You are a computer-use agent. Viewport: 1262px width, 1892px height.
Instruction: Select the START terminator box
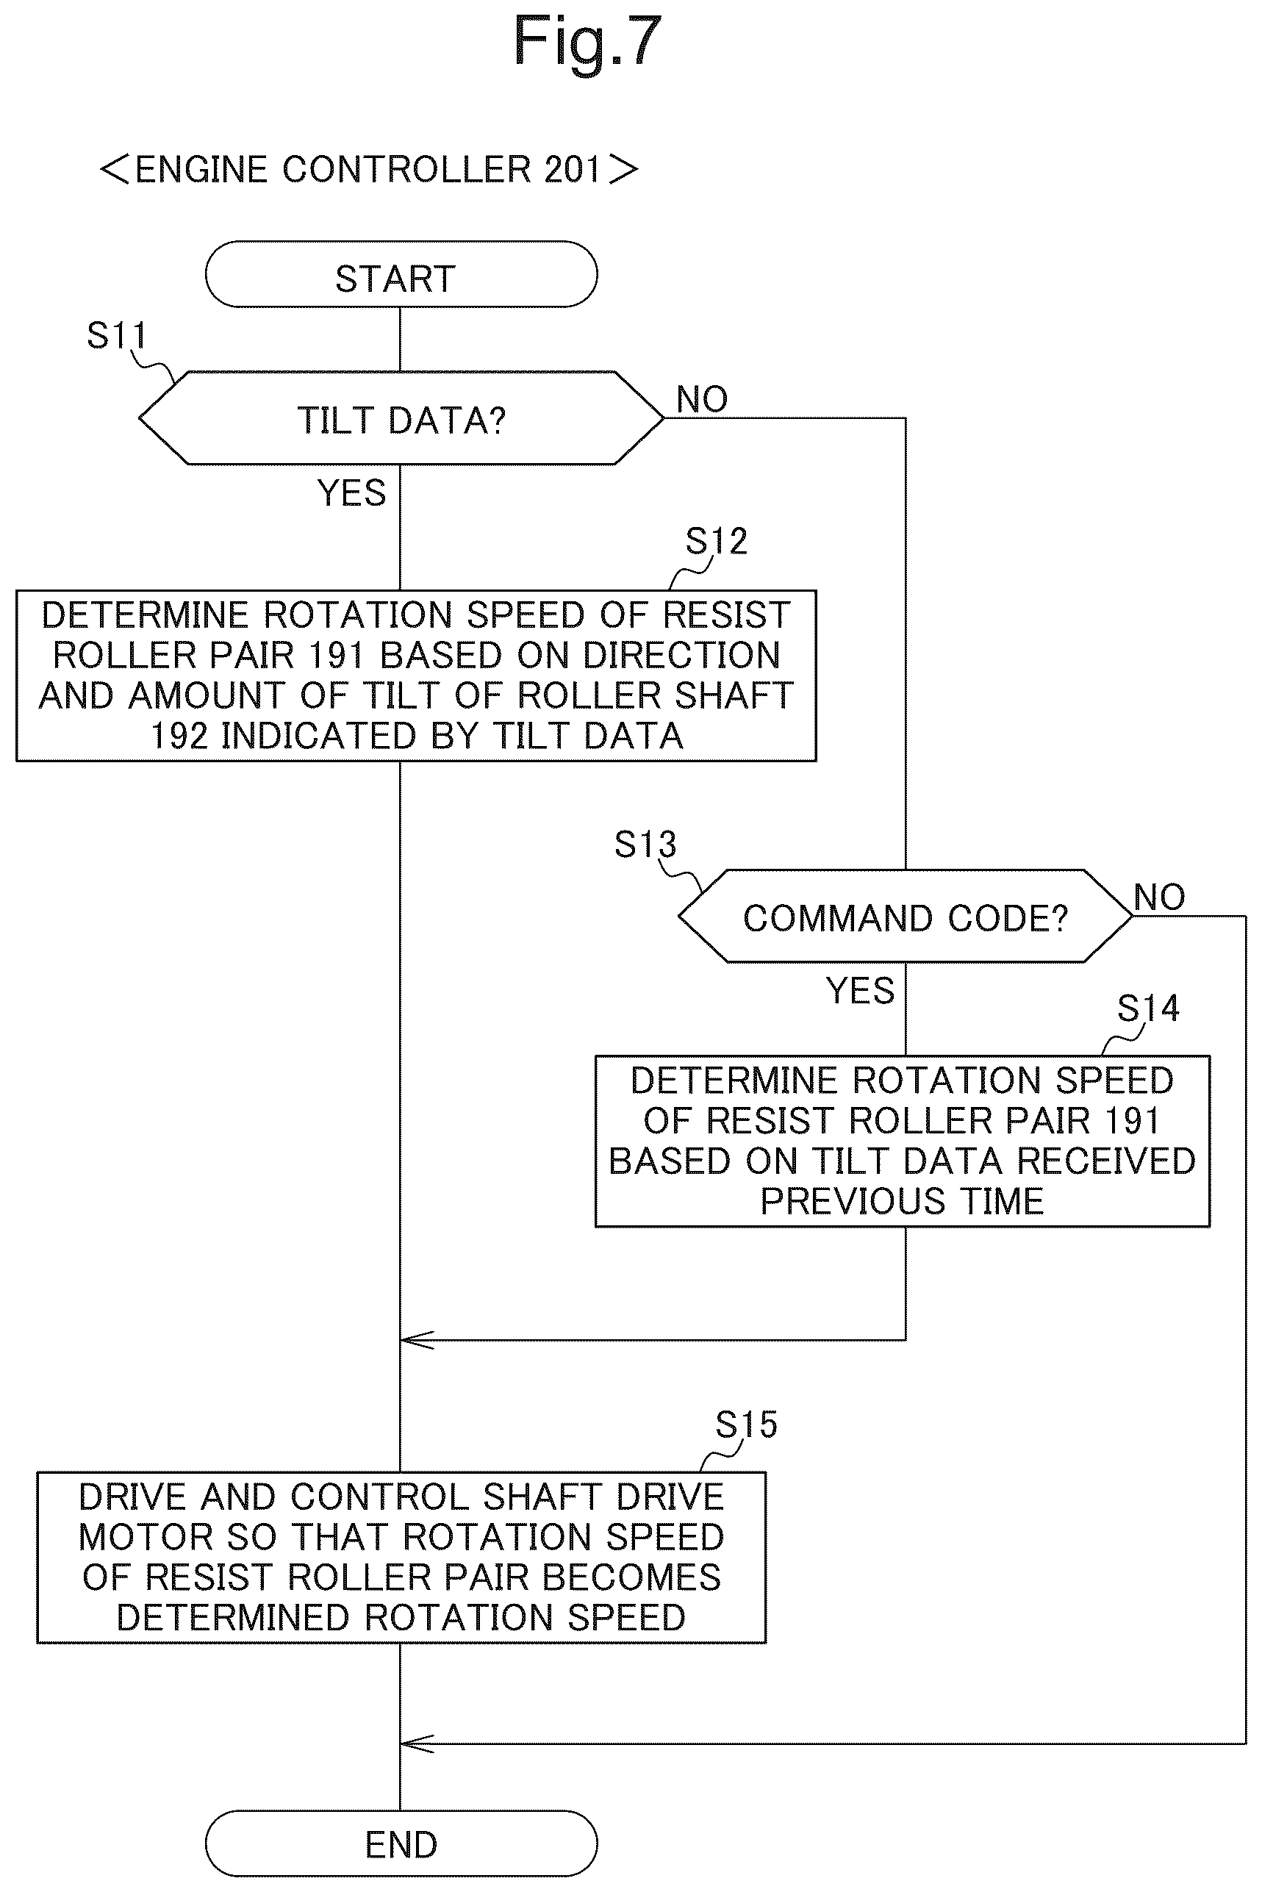point(401,274)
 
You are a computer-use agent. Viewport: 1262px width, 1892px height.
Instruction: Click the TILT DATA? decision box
point(401,418)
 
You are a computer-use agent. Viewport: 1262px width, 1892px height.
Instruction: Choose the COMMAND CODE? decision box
point(906,916)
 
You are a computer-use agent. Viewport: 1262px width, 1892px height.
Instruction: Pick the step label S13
point(645,845)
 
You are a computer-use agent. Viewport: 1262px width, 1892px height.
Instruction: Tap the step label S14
point(1149,1008)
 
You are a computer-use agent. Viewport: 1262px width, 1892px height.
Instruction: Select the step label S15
point(746,1425)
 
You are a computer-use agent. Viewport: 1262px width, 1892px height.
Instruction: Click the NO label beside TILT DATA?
point(702,399)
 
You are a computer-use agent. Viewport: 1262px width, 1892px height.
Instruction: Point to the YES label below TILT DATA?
point(352,492)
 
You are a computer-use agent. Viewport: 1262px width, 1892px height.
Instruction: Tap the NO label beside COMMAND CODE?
point(1159,897)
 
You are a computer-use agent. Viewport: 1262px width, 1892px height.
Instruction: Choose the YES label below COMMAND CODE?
point(859,991)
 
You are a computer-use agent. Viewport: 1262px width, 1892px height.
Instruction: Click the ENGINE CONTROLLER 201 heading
point(369,169)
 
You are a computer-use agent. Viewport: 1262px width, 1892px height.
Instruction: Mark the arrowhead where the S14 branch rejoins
point(417,1340)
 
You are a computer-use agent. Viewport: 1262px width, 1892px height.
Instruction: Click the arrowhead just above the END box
point(417,1744)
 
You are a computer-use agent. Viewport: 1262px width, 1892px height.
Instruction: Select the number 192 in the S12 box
point(179,737)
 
